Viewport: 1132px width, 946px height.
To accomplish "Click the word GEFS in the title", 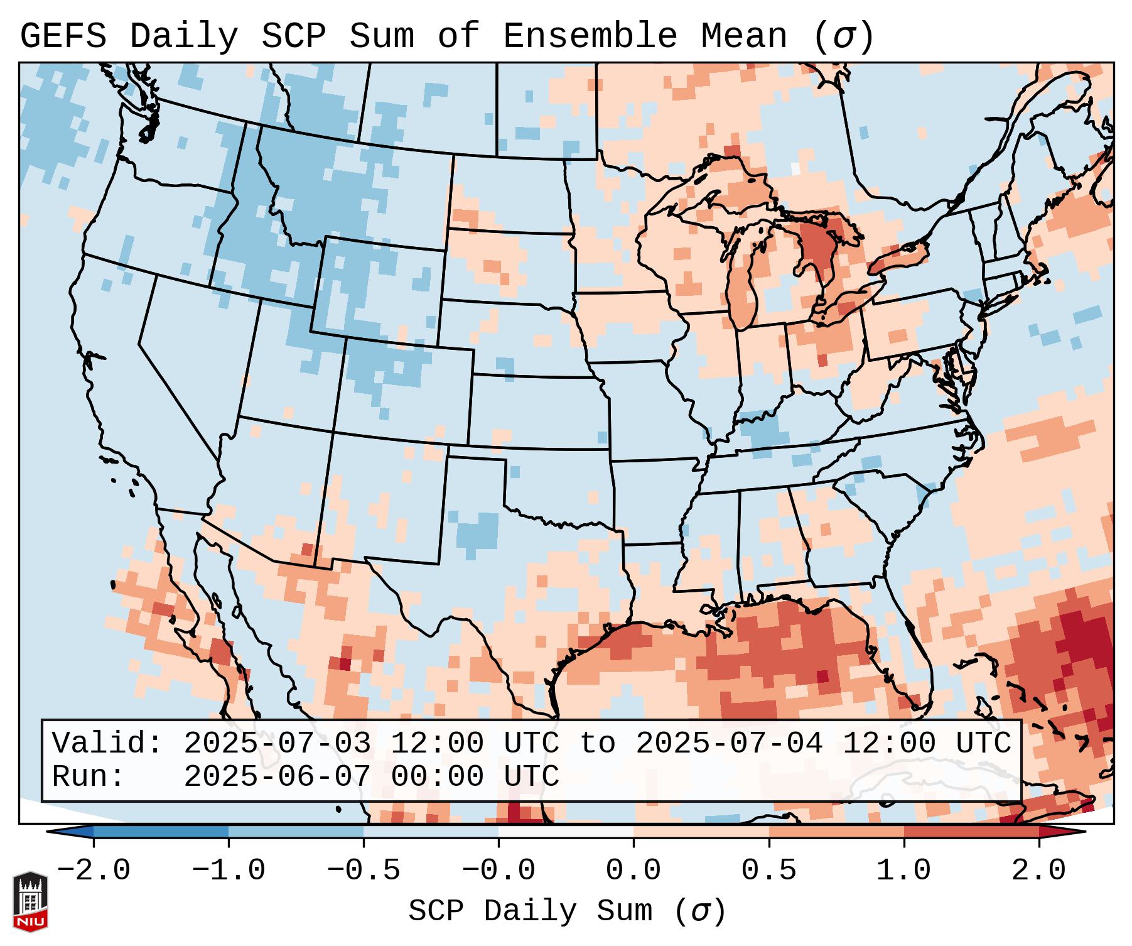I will point(63,36).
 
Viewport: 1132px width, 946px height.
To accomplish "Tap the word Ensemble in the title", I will point(590,36).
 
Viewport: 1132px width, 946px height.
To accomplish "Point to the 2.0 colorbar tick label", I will point(1038,871).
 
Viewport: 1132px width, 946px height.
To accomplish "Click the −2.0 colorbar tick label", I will point(94,871).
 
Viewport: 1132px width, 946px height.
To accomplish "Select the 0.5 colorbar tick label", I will point(768,871).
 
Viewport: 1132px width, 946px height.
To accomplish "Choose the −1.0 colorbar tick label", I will point(229,871).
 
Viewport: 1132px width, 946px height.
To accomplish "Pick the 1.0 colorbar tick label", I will point(903,871).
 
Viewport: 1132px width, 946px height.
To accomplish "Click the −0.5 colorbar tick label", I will point(364,871).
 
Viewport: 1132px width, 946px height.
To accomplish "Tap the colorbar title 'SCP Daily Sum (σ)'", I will point(567,911).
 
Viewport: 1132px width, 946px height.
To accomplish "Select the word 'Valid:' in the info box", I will point(107,743).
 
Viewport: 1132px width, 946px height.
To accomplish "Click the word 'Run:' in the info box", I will point(89,776).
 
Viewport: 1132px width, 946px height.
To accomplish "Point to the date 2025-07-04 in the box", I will point(729,743).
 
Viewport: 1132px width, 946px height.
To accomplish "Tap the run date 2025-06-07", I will point(277,776).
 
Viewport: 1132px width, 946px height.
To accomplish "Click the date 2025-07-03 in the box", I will point(277,743).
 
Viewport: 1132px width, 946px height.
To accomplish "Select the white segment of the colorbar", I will point(566,832).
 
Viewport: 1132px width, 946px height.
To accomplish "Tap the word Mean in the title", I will point(744,36).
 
